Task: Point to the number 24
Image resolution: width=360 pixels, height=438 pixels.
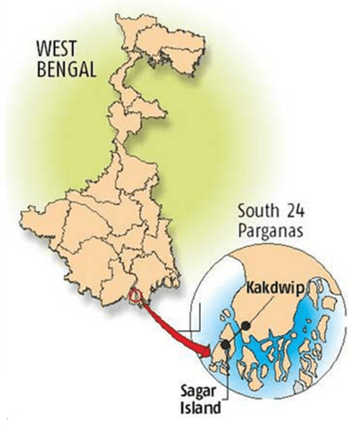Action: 293,210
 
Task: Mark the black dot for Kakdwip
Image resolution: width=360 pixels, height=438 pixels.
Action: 245,326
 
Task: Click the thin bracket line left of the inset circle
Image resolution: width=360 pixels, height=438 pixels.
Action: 197,324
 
